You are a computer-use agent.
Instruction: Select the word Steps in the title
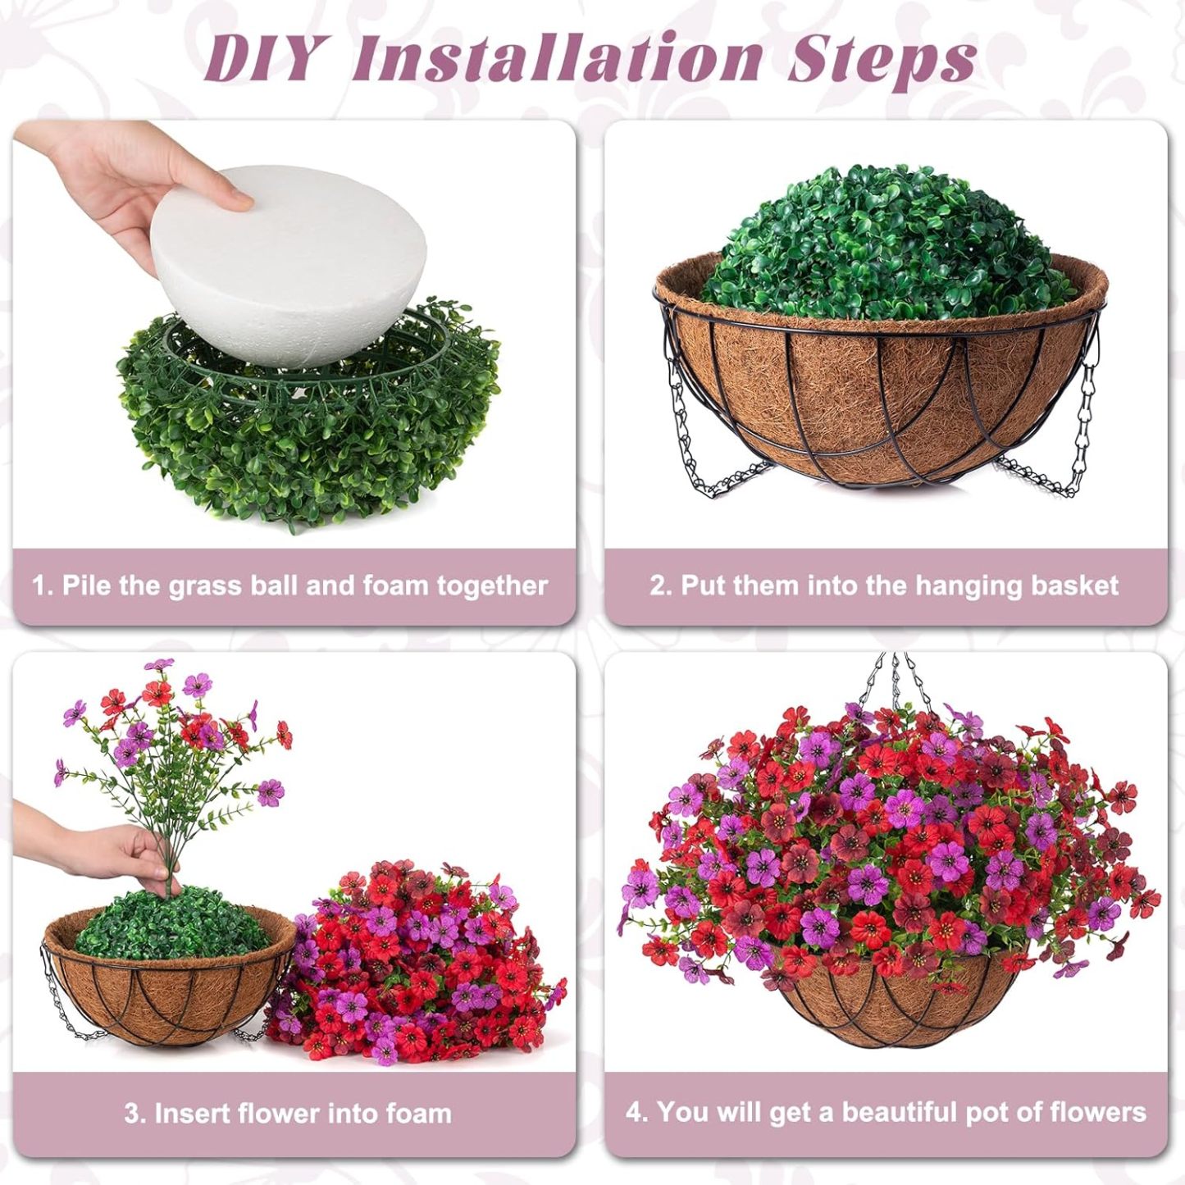click(882, 60)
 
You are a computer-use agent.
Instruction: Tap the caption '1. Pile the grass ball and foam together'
click(290, 586)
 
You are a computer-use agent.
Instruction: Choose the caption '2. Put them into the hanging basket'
click(884, 586)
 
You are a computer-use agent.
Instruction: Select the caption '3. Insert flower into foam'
click(288, 1113)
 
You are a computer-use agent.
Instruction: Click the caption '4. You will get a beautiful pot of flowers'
click(886, 1112)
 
